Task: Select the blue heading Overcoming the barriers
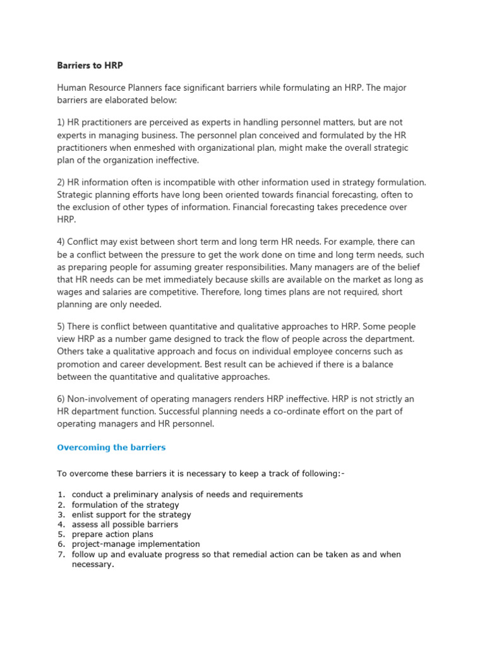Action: coord(111,447)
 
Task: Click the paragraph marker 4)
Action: coord(63,242)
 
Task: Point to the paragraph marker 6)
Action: coord(63,399)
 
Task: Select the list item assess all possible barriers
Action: coord(125,524)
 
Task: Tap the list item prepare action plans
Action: coord(112,534)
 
